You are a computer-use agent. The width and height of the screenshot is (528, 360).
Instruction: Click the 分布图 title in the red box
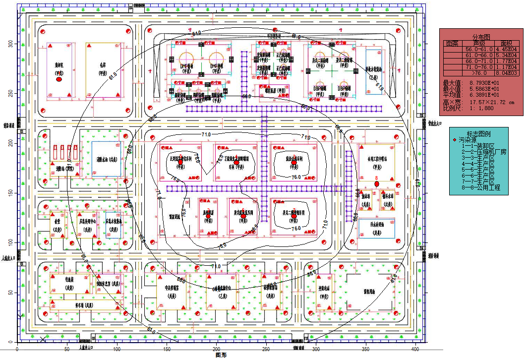coord(480,37)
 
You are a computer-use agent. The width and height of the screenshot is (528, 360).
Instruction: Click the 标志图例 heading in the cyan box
coord(478,134)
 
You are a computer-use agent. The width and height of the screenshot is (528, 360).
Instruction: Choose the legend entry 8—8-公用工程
coord(480,188)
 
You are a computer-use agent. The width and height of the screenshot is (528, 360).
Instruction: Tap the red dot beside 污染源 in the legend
coord(455,140)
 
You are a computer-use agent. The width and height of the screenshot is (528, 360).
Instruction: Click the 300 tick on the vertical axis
coord(10,44)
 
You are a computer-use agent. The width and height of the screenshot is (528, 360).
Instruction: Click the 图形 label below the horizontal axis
coord(221,355)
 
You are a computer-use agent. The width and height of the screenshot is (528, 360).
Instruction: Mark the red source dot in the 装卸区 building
coord(59,79)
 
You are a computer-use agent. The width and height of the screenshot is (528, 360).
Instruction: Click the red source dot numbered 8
coord(377,183)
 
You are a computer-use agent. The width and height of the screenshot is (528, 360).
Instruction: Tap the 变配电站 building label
coord(324,289)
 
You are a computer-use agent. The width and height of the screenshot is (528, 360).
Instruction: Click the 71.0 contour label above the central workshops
coord(206,134)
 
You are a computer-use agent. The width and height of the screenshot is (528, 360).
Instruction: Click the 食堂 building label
coord(57,223)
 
